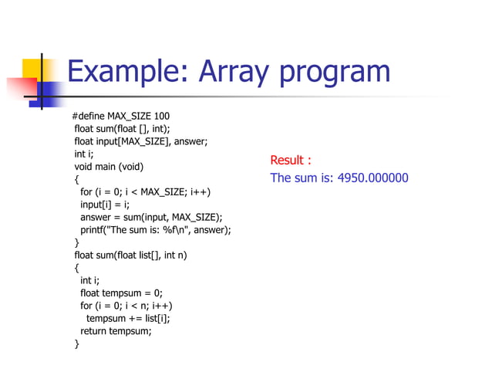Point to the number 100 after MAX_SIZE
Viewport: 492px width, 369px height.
click(161, 116)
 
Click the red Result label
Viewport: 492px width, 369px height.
click(290, 161)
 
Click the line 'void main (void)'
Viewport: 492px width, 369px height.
click(109, 167)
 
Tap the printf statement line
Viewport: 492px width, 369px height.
click(156, 229)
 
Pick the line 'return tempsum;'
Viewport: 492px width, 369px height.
click(116, 331)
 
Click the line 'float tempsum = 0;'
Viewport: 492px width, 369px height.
click(122, 293)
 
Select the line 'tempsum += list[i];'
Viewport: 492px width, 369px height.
click(128, 318)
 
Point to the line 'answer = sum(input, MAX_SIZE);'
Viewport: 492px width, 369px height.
click(151, 217)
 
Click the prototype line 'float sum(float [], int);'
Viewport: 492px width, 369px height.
click(122, 129)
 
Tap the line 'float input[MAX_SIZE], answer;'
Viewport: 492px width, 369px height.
click(141, 141)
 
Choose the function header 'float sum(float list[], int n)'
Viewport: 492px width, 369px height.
click(130, 255)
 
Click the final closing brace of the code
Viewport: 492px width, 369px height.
click(76, 344)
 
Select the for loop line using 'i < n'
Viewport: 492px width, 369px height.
click(126, 306)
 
